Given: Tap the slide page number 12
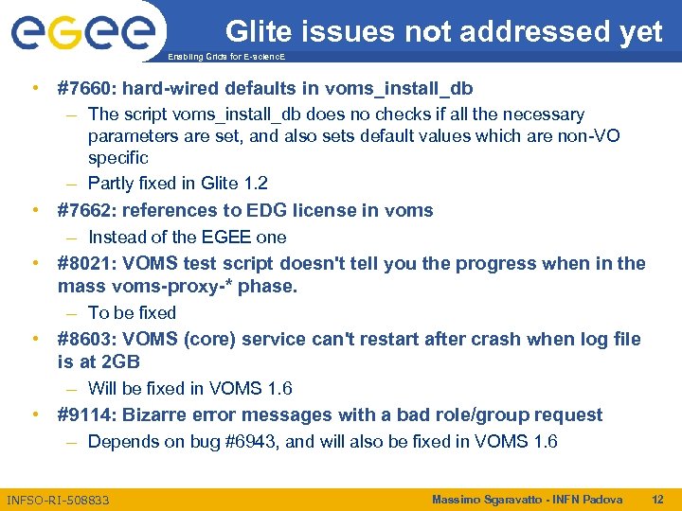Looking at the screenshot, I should (657, 499).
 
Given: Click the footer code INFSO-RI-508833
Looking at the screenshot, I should (58, 500).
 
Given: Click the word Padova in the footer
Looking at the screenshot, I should (601, 499).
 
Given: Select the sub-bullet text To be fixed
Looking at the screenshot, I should (132, 312).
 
